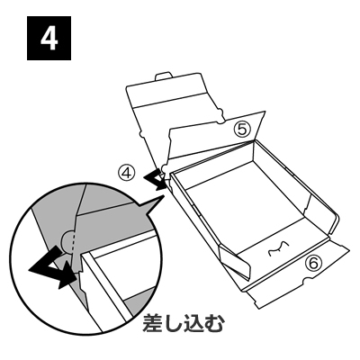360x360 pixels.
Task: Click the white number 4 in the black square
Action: (49, 39)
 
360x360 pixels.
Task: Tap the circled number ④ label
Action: (128, 174)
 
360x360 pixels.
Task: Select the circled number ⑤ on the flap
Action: (242, 130)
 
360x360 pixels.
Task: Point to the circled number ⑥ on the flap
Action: (313, 264)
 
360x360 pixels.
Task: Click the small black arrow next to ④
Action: (155, 179)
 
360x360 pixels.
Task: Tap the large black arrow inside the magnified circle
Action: (52, 268)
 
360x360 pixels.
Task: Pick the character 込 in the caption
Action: (193, 323)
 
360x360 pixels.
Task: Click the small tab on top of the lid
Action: (164, 76)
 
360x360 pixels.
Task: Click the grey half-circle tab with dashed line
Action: (67, 242)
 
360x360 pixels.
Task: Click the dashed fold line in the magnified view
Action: (72, 242)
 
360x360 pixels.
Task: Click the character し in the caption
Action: (174, 323)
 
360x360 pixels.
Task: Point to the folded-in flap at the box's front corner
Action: (235, 260)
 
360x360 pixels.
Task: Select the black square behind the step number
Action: (49, 38)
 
